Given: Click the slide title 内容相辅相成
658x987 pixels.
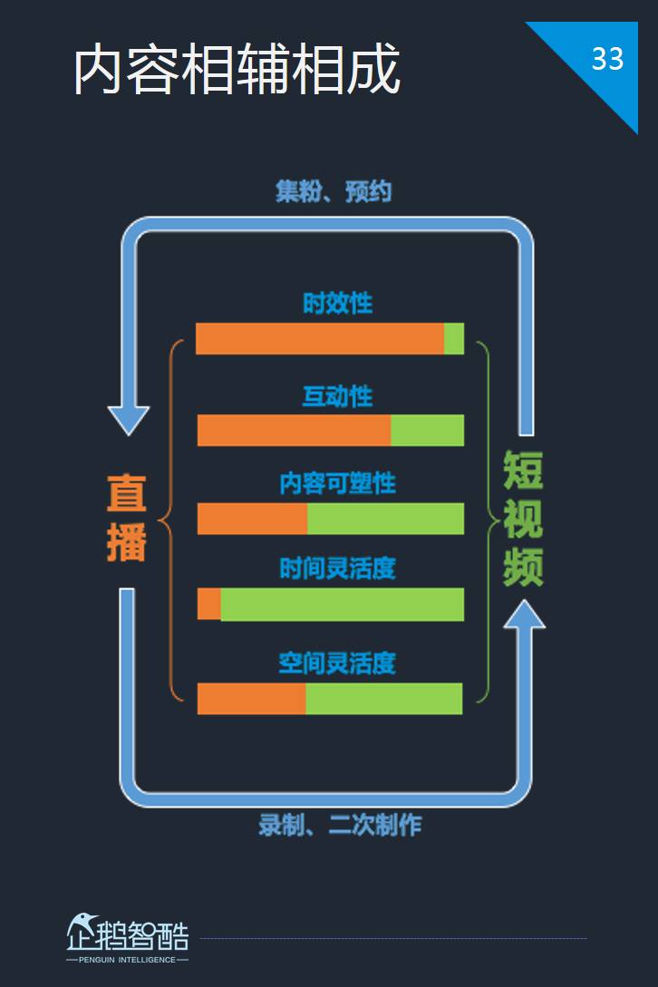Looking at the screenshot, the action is [237, 69].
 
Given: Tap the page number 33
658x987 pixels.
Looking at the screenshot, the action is [607, 59].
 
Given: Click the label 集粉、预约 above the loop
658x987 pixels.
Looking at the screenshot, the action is [334, 191].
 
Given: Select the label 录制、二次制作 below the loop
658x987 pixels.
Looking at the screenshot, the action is [340, 825].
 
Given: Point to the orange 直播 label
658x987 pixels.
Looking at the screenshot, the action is [127, 518].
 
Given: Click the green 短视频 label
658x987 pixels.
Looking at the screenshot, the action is [523, 518].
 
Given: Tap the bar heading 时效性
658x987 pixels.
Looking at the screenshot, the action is [337, 304].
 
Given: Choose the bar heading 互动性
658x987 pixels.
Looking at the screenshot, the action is [337, 397].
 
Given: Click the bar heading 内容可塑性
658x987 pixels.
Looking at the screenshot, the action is [337, 483].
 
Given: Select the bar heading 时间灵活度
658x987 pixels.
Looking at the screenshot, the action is [337, 569].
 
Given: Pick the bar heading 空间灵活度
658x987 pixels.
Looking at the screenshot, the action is [337, 663].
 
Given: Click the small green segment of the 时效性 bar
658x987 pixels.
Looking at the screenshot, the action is [454, 339].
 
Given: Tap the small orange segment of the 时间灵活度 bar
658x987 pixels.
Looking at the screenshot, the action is [209, 605].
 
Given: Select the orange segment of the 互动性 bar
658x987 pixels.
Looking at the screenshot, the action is [294, 431].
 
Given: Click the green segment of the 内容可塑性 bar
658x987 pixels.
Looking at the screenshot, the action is [385, 518].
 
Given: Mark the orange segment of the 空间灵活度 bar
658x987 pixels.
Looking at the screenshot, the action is [252, 699].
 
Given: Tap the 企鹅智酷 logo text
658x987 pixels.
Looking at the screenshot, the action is [128, 934].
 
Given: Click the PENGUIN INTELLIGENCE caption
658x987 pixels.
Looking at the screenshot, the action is [127, 960].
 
